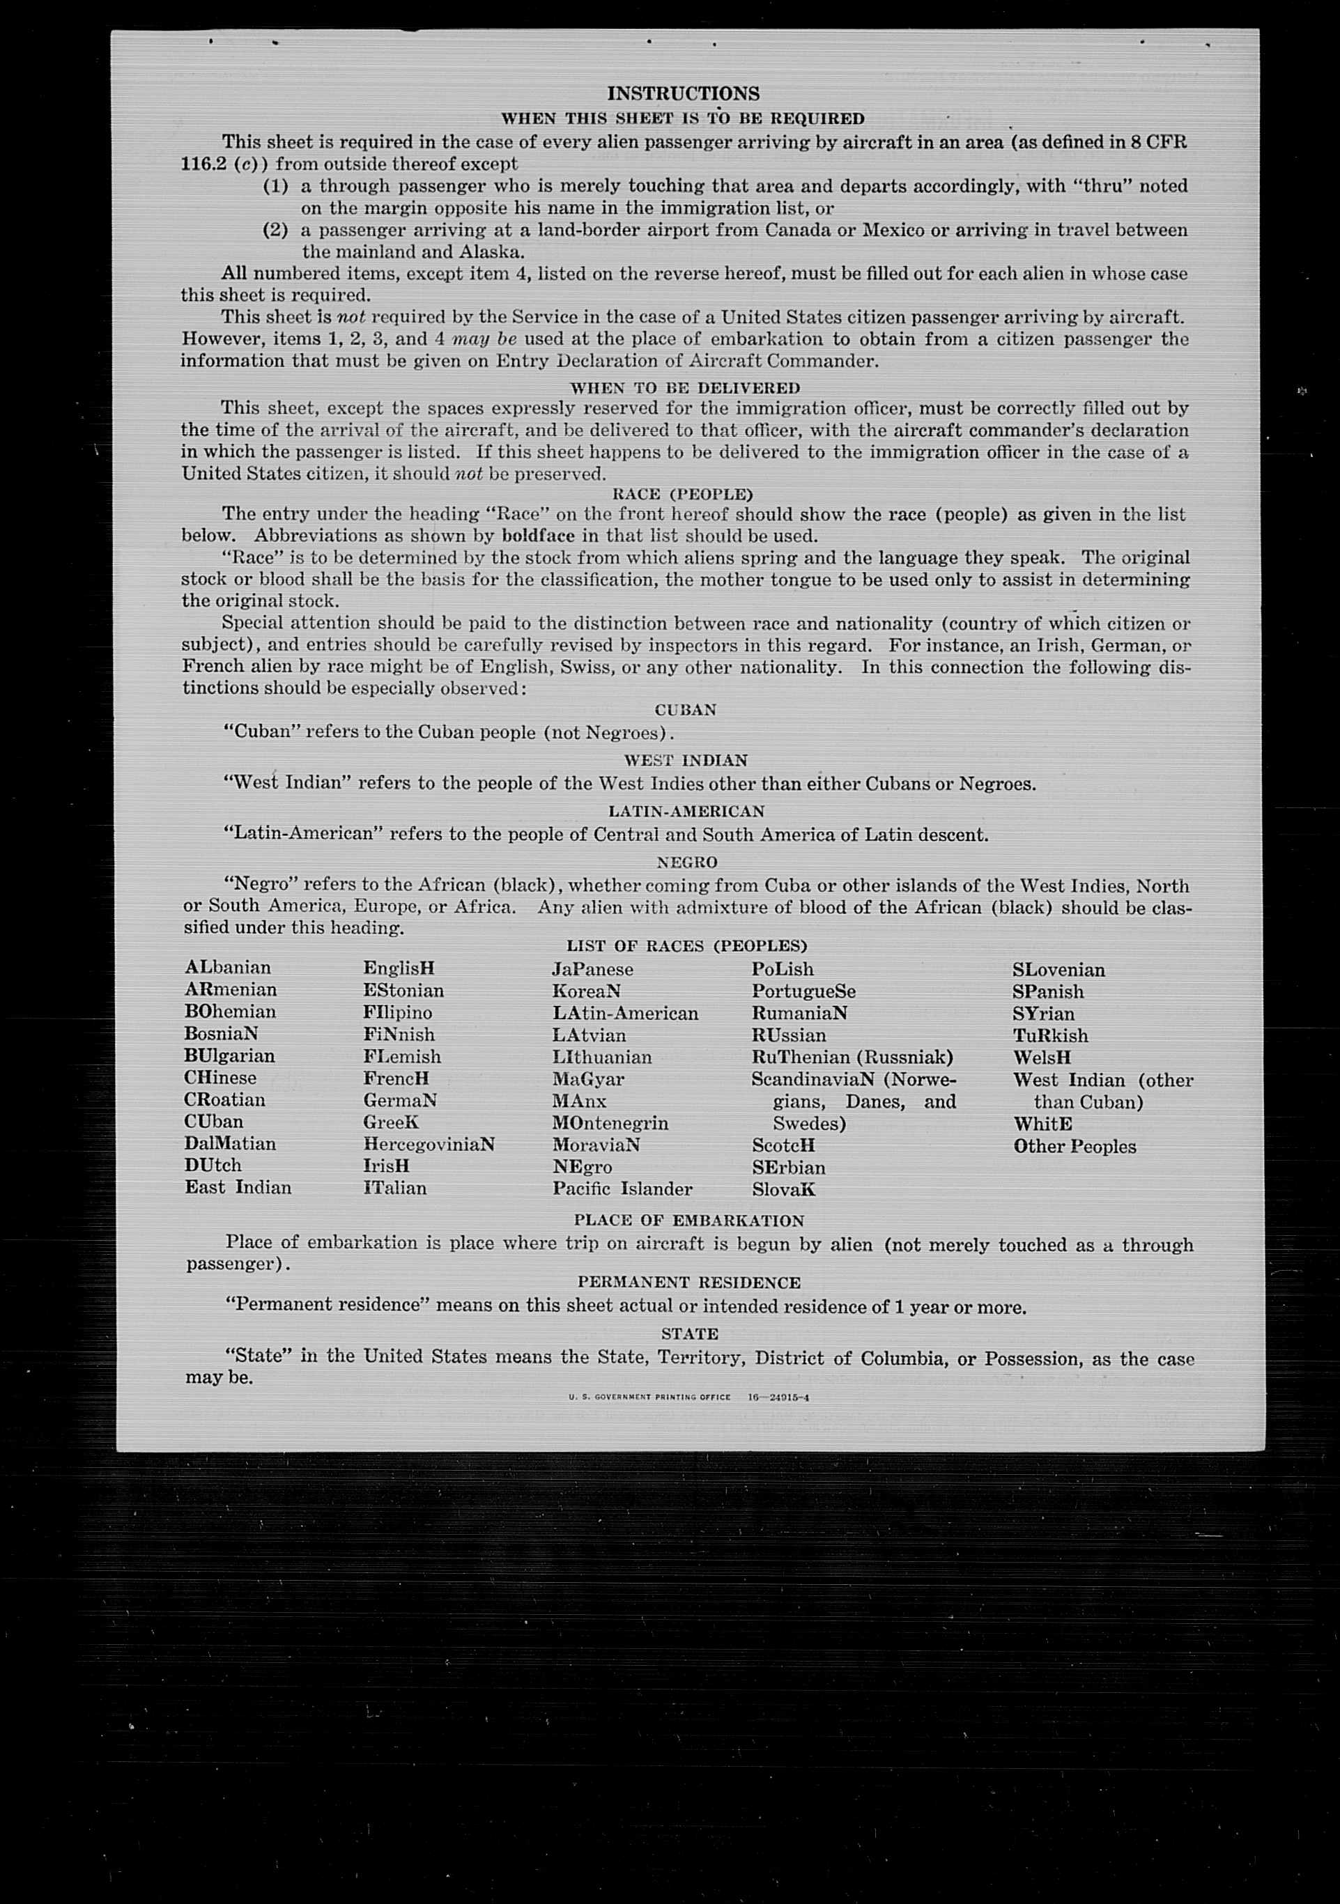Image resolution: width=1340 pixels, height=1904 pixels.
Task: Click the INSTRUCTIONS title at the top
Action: coord(684,94)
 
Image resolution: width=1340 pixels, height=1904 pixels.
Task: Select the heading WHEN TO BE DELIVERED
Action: coord(685,388)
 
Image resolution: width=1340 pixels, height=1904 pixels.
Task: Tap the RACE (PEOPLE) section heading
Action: coord(682,494)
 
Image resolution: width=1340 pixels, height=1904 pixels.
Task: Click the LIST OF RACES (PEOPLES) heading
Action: coord(686,945)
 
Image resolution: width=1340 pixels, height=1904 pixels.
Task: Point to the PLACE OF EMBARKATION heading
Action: coord(689,1221)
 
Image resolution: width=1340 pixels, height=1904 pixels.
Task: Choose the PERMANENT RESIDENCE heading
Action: coord(689,1282)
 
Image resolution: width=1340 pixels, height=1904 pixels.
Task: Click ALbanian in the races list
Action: coord(228,968)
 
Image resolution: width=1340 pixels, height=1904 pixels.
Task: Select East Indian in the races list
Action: coord(238,1188)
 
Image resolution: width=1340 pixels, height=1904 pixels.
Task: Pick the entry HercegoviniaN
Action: coord(429,1145)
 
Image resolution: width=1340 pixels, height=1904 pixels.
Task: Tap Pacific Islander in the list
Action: coord(622,1189)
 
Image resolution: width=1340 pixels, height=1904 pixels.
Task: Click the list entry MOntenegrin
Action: coord(610,1124)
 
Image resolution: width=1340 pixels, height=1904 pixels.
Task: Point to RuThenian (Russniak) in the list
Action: coord(852,1058)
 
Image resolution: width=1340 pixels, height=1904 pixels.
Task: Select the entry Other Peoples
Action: coord(1075,1147)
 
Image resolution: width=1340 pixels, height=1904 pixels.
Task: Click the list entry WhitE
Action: coord(1043,1124)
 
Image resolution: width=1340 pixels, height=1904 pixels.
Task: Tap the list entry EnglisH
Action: coord(399,968)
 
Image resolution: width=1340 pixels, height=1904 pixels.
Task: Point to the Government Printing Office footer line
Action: coord(688,1398)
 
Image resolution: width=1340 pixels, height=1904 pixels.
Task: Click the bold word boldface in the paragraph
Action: coord(538,536)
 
